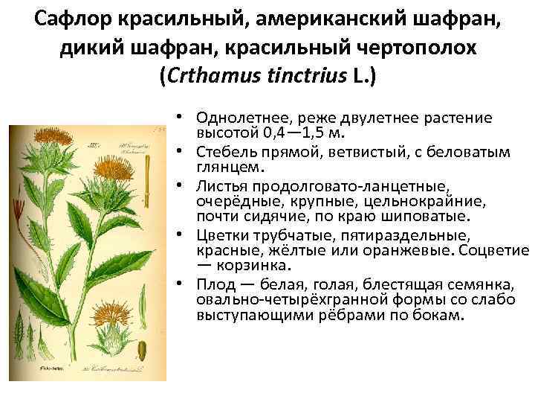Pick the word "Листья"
224,186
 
